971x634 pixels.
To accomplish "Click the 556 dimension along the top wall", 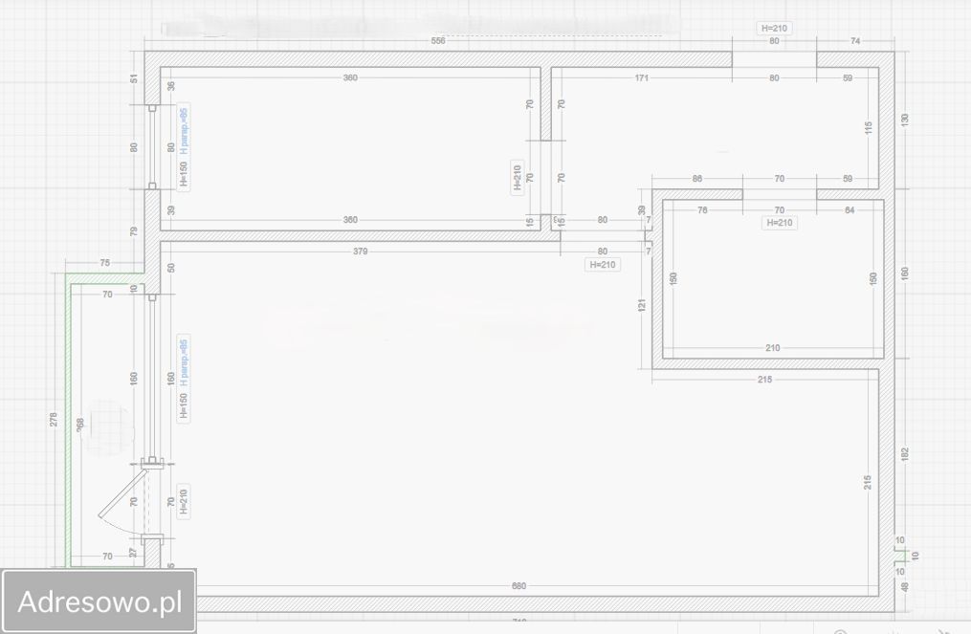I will coord(438,41).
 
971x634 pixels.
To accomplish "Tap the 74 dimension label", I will coord(855,41).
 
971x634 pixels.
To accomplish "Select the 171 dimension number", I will coord(643,77).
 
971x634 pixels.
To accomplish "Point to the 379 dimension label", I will coord(360,251).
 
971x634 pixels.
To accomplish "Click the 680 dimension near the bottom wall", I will coord(519,585).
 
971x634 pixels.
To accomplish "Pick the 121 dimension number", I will coord(642,305).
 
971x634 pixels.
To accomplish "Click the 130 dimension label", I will coord(905,120).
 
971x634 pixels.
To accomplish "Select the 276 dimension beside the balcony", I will coord(54,419).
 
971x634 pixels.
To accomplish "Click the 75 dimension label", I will coord(105,263).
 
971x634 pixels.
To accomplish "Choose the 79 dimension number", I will coord(134,230).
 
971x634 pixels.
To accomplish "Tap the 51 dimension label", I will coord(134,78).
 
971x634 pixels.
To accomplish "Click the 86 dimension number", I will coord(696,179).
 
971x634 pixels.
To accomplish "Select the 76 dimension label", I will coord(702,209).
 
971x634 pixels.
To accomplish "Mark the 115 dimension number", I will coord(869,127).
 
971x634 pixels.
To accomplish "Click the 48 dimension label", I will coord(905,587).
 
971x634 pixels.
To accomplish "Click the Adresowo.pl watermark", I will coord(99,601).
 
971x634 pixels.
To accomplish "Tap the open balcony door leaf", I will coord(122,493).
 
